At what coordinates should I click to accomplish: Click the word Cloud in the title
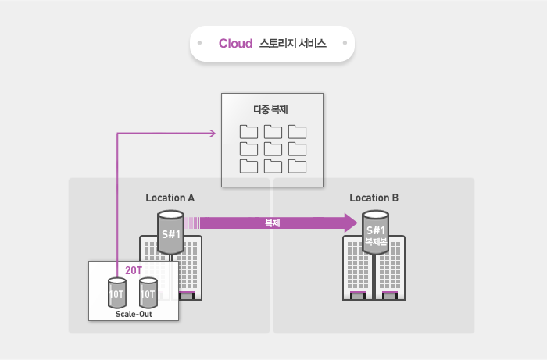[x=235, y=44]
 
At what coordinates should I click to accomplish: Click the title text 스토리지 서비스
[x=293, y=44]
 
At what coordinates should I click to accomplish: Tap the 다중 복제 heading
[x=272, y=109]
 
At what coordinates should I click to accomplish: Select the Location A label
[x=170, y=198]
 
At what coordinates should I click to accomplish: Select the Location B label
[x=374, y=198]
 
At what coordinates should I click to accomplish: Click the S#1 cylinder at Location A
[x=170, y=232]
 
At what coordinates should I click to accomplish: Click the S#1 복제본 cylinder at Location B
[x=376, y=234]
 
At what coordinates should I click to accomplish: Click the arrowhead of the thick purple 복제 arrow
[x=349, y=223]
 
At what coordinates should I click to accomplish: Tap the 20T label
[x=134, y=270]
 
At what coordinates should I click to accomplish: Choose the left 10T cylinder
[x=116, y=294]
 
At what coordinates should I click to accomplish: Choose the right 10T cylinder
[x=148, y=294]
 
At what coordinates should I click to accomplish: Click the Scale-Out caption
[x=134, y=314]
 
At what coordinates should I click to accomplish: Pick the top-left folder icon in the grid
[x=248, y=131]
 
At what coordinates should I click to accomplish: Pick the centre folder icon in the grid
[x=273, y=148]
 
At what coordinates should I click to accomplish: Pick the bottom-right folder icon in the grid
[x=297, y=166]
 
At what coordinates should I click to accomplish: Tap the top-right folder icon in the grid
[x=297, y=131]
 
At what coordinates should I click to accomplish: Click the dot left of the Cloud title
[x=201, y=44]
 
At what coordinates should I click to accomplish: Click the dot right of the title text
[x=344, y=44]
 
